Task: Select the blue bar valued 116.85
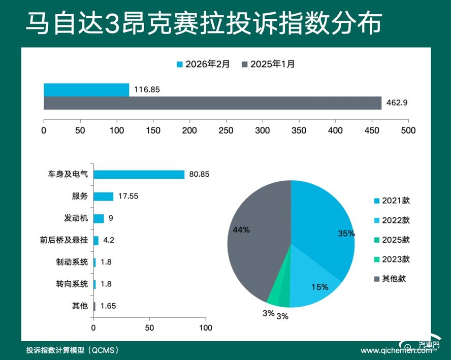[86, 90]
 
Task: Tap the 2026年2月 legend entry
[203, 64]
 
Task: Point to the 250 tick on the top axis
[226, 130]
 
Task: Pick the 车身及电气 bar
[139, 174]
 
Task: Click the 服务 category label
[80, 197]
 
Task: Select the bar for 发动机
[99, 218]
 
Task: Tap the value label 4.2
[108, 240]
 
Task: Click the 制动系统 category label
[72, 263]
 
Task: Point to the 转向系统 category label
[72, 284]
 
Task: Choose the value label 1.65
[109, 306]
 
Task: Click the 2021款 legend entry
[392, 201]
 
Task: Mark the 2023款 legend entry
[392, 259]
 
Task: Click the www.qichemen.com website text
[389, 350]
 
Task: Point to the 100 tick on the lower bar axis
[206, 328]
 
